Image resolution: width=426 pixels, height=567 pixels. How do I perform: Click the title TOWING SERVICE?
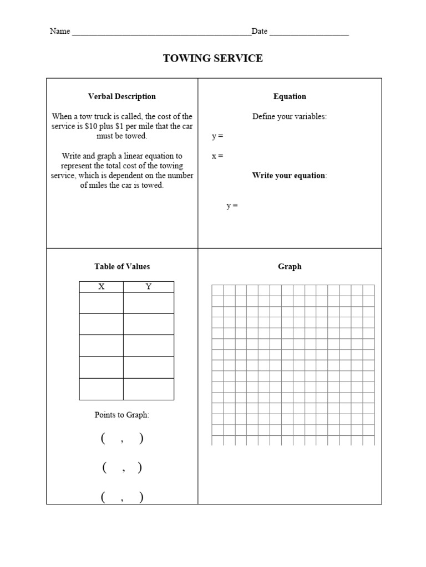[213, 58]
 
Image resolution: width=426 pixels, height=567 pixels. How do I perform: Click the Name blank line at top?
[161, 32]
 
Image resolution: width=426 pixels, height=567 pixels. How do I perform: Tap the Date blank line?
[309, 32]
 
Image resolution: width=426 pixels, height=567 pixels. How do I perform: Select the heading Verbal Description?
[122, 96]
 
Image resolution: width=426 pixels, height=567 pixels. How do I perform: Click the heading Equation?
[290, 96]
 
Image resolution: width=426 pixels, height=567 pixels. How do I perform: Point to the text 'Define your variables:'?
[290, 116]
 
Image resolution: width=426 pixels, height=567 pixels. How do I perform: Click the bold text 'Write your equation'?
[288, 176]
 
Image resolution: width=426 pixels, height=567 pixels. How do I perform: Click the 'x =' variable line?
[217, 156]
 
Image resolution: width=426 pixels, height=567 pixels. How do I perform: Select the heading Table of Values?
[122, 266]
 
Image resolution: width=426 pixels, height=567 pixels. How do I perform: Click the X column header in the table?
[102, 287]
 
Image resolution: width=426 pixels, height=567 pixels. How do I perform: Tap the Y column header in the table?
[148, 287]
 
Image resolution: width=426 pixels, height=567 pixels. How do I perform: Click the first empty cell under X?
[102, 303]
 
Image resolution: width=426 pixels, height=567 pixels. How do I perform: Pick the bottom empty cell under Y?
[148, 389]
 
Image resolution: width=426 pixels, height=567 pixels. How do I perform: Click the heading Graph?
[290, 266]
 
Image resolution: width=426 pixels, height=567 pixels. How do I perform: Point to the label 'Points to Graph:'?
[122, 415]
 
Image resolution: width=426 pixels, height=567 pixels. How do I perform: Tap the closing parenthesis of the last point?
[141, 497]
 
